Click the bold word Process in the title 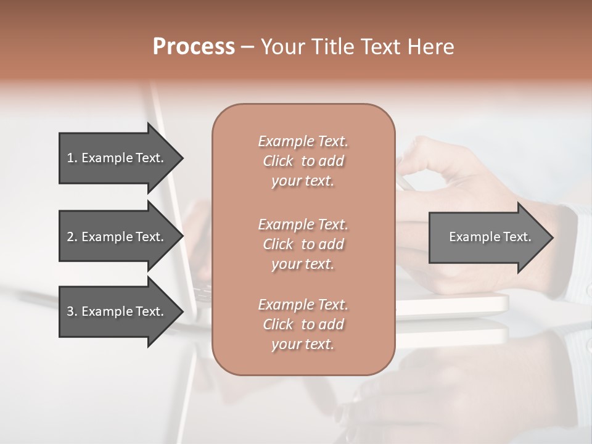[x=194, y=47]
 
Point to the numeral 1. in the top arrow [x=72, y=158]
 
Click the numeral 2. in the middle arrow [x=72, y=237]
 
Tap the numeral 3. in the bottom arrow [x=72, y=311]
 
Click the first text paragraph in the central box [x=303, y=161]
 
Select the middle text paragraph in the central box [x=303, y=244]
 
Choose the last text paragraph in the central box [x=303, y=324]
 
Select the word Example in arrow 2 [x=107, y=237]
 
